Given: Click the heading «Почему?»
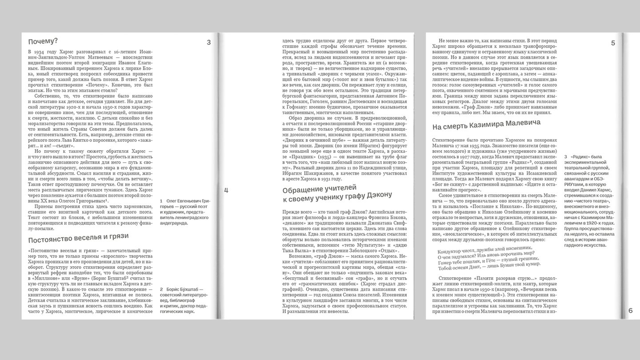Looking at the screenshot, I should (43, 41).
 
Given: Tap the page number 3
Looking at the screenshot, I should (209, 43).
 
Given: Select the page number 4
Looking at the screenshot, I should (226, 191).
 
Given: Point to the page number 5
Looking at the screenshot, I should (613, 43).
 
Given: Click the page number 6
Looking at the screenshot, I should (630, 311).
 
